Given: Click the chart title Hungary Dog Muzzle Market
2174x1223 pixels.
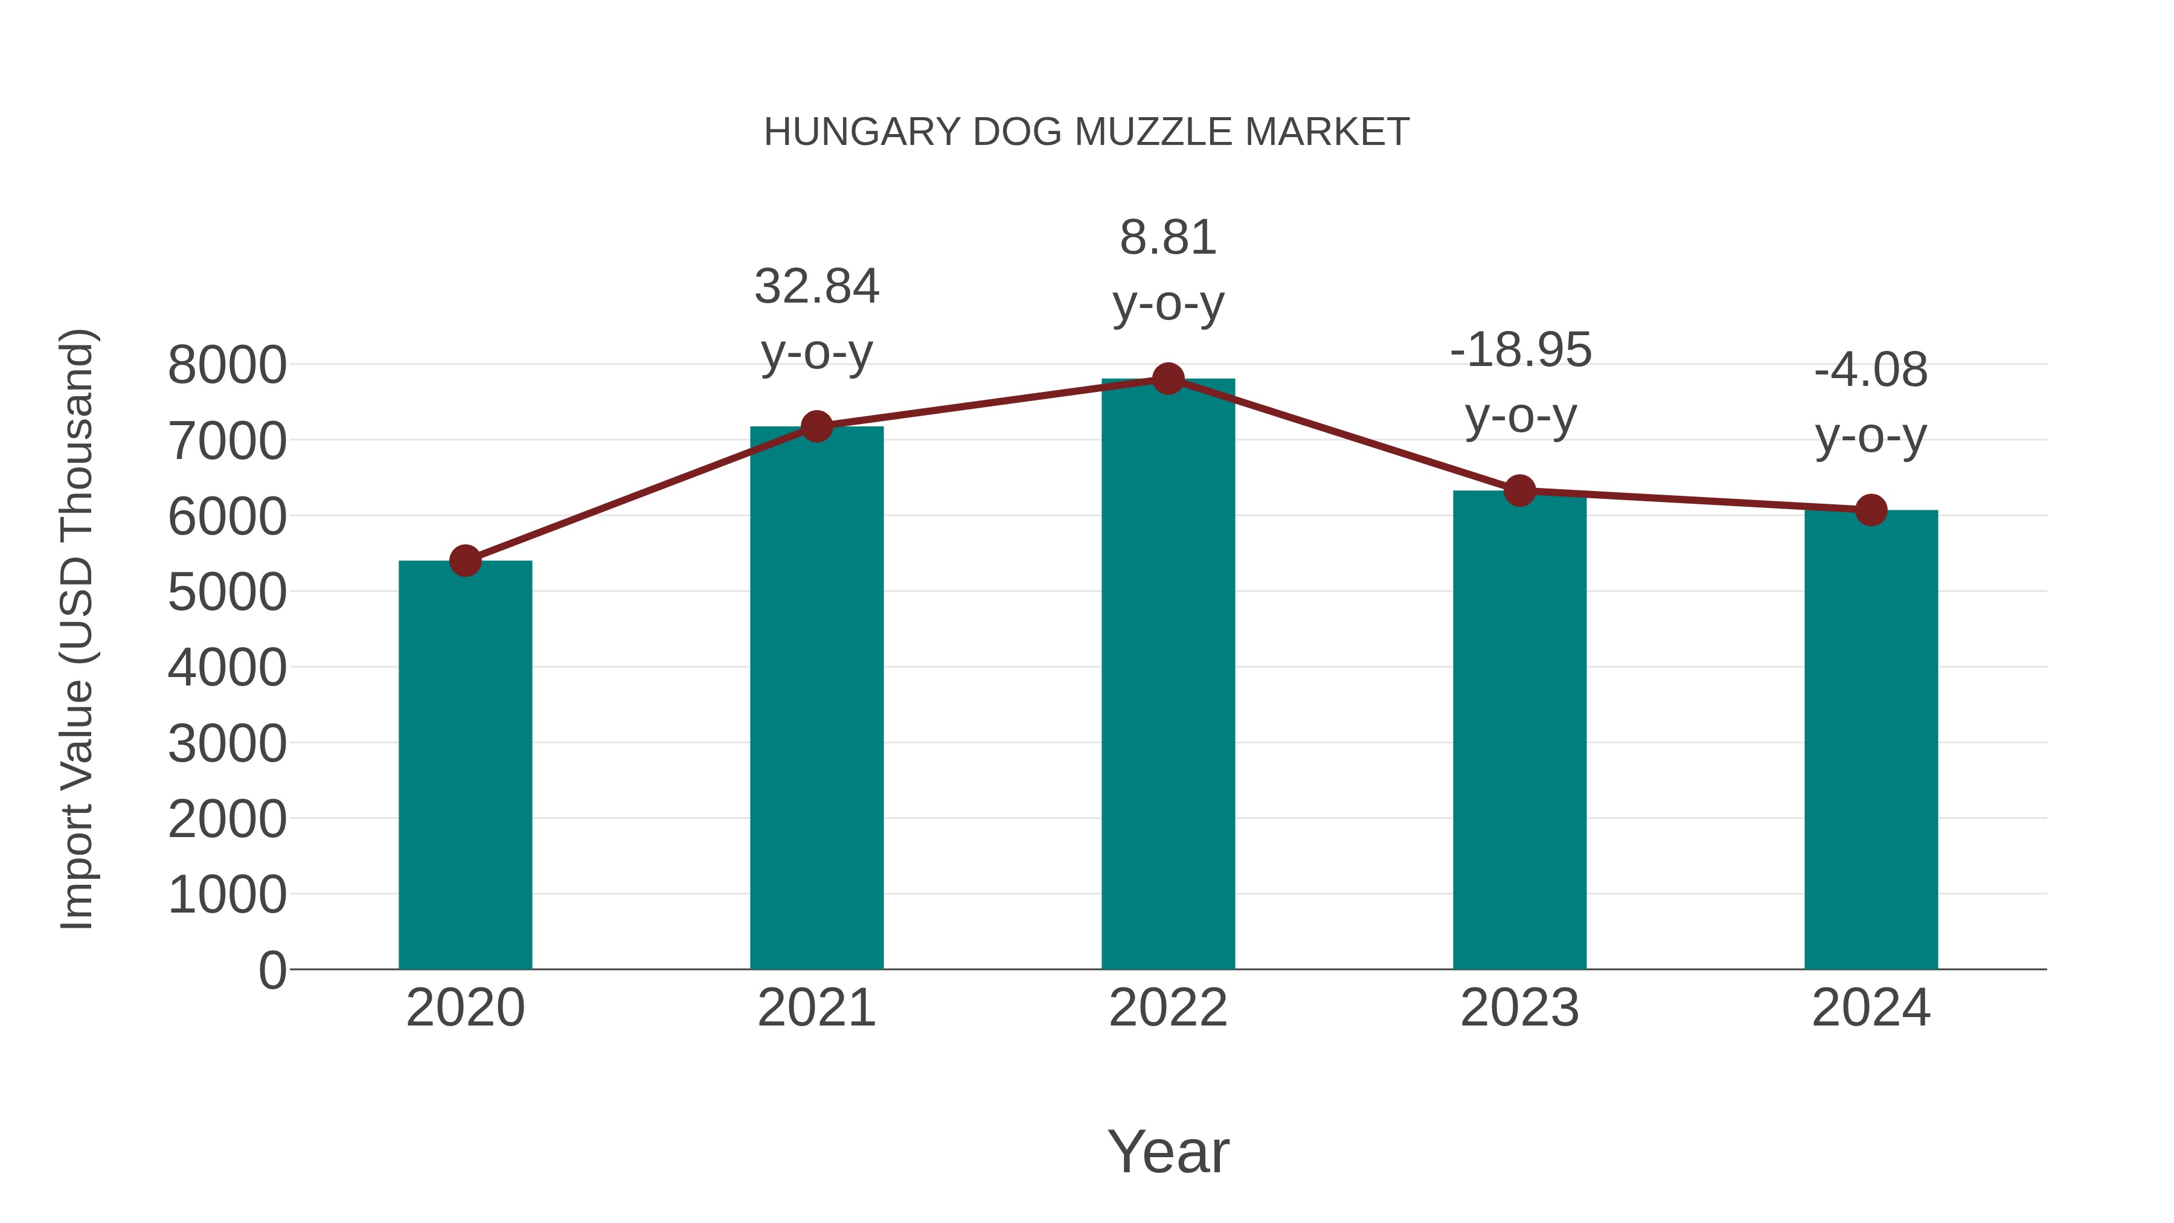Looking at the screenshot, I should pos(1086,132).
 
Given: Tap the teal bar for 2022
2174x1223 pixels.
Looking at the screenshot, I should pos(1168,675).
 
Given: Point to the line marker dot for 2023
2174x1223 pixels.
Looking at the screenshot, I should pos(1520,490).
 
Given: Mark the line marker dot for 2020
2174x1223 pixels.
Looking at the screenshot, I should pos(465,560).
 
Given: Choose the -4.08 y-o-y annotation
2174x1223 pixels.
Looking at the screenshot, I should pos(1871,403).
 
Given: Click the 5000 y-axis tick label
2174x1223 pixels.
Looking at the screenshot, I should pos(227,592).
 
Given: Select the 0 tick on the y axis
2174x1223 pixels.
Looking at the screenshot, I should pos(272,970).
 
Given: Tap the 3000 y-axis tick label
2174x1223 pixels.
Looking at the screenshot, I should pos(227,743).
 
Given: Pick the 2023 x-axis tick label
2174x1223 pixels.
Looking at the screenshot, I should pos(1520,1008).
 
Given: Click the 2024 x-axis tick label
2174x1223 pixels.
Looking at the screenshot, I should pos(1871,1008).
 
